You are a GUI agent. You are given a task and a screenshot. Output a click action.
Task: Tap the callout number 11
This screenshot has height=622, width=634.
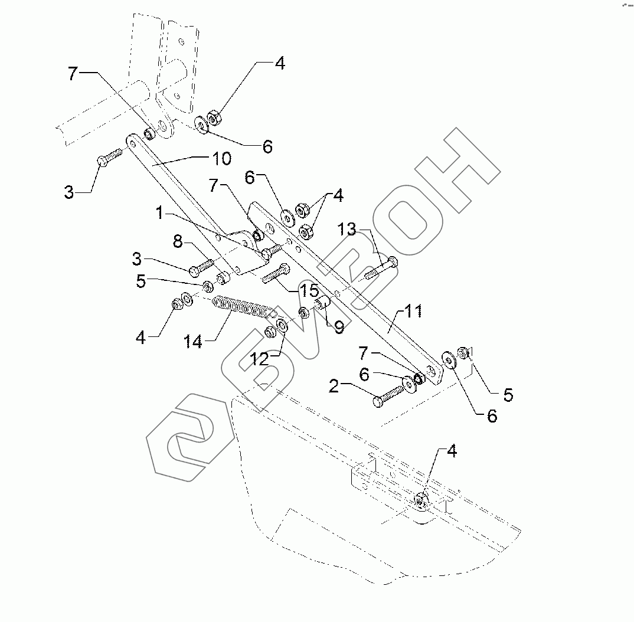pos(413,311)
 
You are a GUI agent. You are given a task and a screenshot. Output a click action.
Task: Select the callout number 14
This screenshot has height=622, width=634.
pos(193,341)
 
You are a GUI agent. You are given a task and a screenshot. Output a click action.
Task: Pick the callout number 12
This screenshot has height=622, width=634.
pos(260,358)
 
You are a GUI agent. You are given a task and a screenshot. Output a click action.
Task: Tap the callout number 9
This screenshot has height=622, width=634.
pos(339,327)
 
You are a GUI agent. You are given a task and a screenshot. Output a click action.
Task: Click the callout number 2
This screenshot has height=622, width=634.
pos(334,387)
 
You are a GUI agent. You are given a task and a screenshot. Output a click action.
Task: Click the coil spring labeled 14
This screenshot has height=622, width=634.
pos(242,306)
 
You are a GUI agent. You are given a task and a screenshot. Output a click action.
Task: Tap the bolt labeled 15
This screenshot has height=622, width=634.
pos(275,273)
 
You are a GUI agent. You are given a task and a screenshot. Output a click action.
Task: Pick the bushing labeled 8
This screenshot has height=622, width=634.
pos(223,277)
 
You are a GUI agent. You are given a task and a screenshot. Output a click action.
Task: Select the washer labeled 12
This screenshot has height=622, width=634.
pos(282,326)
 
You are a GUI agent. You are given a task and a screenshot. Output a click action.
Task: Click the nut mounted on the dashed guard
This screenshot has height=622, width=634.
pos(421,500)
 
